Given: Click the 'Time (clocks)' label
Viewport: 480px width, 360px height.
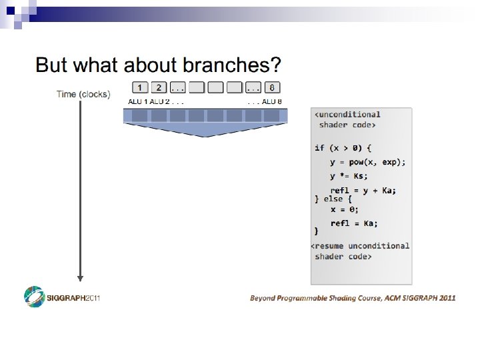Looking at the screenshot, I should [83, 94].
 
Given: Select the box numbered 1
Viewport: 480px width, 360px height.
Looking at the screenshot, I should [139, 87].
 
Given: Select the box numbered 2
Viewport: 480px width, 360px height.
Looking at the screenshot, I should [158, 87].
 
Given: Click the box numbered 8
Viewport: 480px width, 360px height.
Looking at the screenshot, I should [272, 87].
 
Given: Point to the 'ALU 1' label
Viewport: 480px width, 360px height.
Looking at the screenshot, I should [138, 101].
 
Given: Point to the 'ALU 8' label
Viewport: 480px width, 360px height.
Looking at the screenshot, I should [272, 101].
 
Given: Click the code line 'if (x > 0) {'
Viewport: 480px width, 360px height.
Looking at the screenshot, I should [343, 147].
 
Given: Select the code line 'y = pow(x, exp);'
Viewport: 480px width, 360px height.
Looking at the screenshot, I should [367, 162].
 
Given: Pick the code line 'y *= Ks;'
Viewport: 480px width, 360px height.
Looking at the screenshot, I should [348, 176].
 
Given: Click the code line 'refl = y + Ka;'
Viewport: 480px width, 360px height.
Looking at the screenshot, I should [363, 191].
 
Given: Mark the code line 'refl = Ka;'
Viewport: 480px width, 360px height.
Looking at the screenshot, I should [354, 223].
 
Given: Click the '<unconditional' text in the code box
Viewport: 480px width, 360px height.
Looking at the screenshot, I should [347, 115].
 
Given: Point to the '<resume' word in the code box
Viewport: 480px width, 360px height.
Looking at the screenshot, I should [328, 245].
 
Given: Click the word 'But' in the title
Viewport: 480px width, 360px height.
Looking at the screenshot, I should [51, 65].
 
